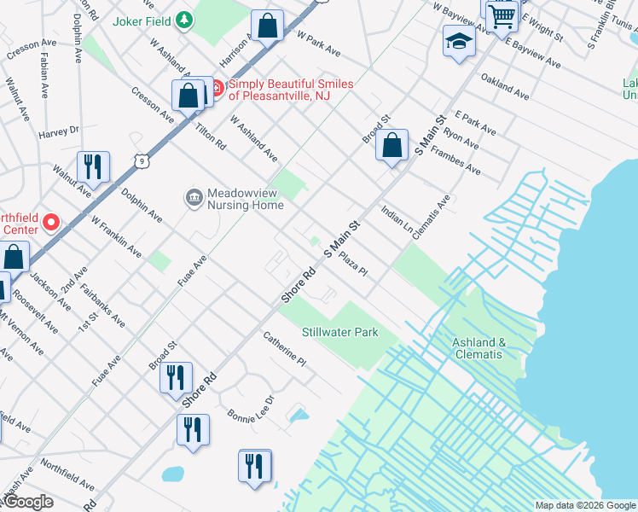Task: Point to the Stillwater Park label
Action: click(339, 332)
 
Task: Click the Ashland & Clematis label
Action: click(478, 348)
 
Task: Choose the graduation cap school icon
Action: click(459, 42)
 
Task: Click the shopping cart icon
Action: click(503, 14)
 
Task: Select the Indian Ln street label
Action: click(397, 221)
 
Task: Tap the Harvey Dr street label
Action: click(59, 131)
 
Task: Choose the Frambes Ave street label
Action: click(456, 160)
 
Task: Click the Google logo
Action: click(28, 502)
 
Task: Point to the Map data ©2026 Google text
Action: click(584, 505)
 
